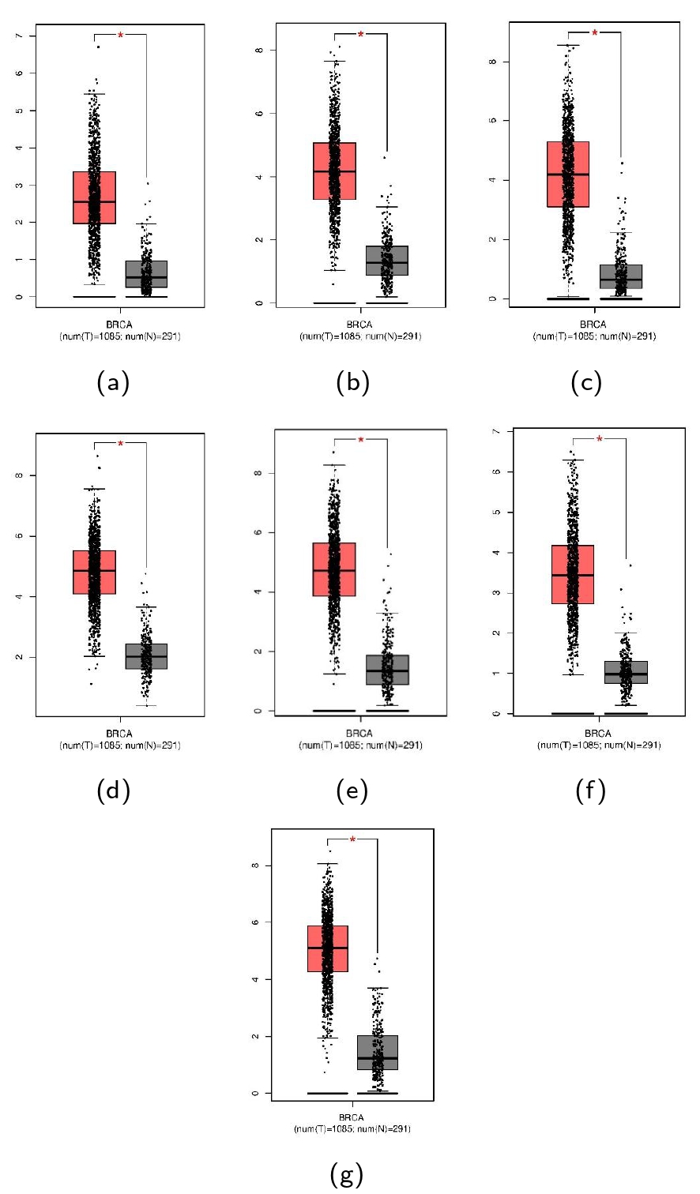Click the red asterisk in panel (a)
(x=121, y=36)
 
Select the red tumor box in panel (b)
(x=334, y=171)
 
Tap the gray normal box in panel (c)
(x=621, y=276)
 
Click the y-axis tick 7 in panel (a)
(x=19, y=36)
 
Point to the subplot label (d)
(x=113, y=790)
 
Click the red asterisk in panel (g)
(x=352, y=839)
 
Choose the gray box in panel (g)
(x=378, y=1052)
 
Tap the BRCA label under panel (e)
(x=359, y=734)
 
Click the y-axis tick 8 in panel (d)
(x=19, y=475)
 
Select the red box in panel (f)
(x=573, y=575)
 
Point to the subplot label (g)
(x=347, y=1173)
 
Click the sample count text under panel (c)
(x=594, y=336)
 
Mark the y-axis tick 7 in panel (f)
(x=496, y=431)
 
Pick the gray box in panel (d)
(x=147, y=656)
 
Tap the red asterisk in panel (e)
(x=361, y=441)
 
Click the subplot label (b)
(x=353, y=382)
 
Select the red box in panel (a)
(x=94, y=197)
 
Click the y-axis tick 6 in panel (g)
(x=255, y=922)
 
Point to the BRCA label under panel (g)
(x=352, y=1117)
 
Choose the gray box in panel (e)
(x=388, y=670)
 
